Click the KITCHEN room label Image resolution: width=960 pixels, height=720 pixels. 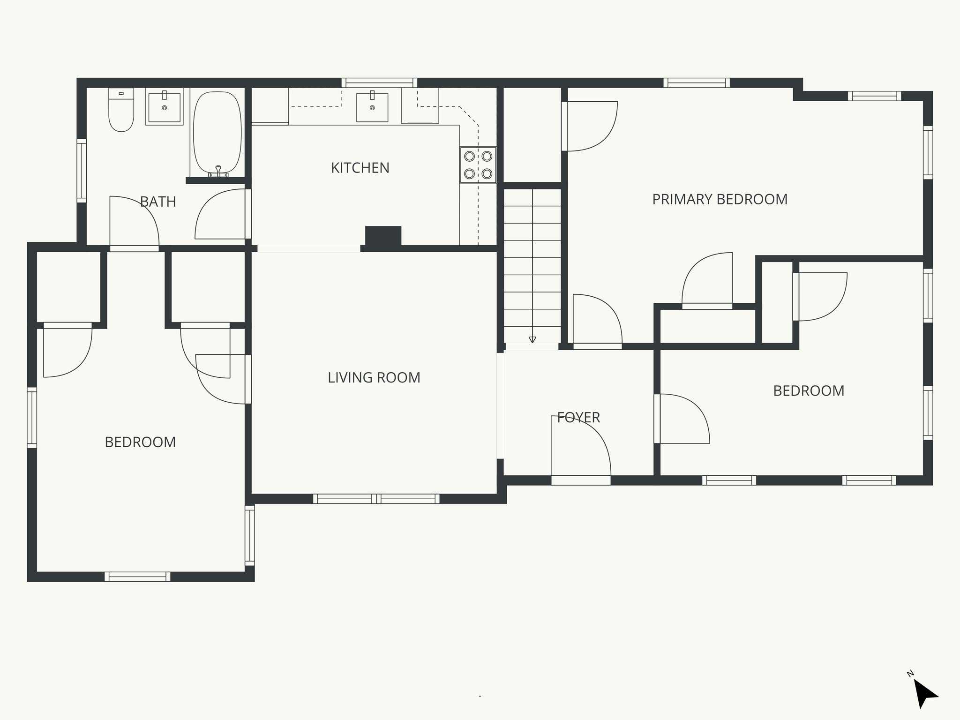pyautogui.click(x=360, y=168)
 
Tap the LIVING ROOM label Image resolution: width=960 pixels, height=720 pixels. pyautogui.click(x=374, y=377)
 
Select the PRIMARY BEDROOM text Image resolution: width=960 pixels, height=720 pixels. pyautogui.click(x=720, y=199)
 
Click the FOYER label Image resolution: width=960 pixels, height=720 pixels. pyautogui.click(x=578, y=417)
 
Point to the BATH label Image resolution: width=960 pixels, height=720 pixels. pyautogui.click(x=158, y=202)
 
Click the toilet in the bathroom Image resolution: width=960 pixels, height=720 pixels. pyautogui.click(x=121, y=110)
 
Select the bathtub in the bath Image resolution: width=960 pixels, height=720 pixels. pyautogui.click(x=217, y=133)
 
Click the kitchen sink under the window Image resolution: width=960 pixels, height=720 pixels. pyautogui.click(x=372, y=107)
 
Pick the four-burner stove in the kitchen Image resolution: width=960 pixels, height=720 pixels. pyautogui.click(x=478, y=165)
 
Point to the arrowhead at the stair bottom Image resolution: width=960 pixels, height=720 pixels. pyautogui.click(x=532, y=339)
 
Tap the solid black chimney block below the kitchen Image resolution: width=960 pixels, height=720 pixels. pyautogui.click(x=383, y=236)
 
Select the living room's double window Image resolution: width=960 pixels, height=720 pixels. pyautogui.click(x=376, y=499)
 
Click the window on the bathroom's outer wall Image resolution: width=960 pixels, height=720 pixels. pyautogui.click(x=82, y=171)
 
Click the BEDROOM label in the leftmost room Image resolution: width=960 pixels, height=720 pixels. pyautogui.click(x=140, y=442)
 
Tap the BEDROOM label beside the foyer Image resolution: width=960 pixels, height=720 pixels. pyautogui.click(x=809, y=390)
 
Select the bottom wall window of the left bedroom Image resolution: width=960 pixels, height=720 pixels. pyautogui.click(x=137, y=577)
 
